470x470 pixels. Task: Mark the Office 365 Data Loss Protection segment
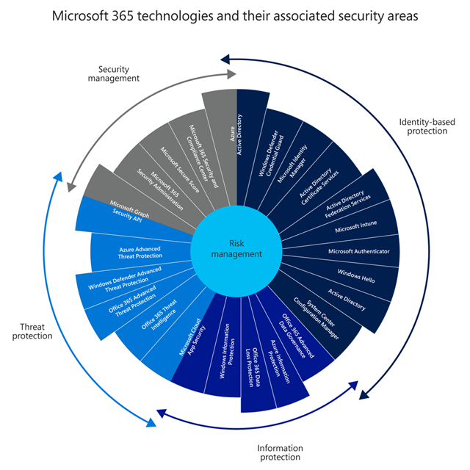tap(258, 361)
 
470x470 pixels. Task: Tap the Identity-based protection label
tap(422, 126)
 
